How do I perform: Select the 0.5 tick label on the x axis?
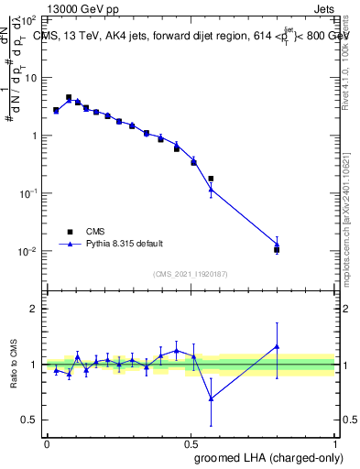[191, 444]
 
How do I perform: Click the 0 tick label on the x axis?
[47, 444]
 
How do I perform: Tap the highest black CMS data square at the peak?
[69, 97]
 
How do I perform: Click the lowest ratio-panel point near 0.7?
[212, 398]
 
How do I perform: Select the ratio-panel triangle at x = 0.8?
[277, 346]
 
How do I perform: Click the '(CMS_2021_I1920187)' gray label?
[191, 272]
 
